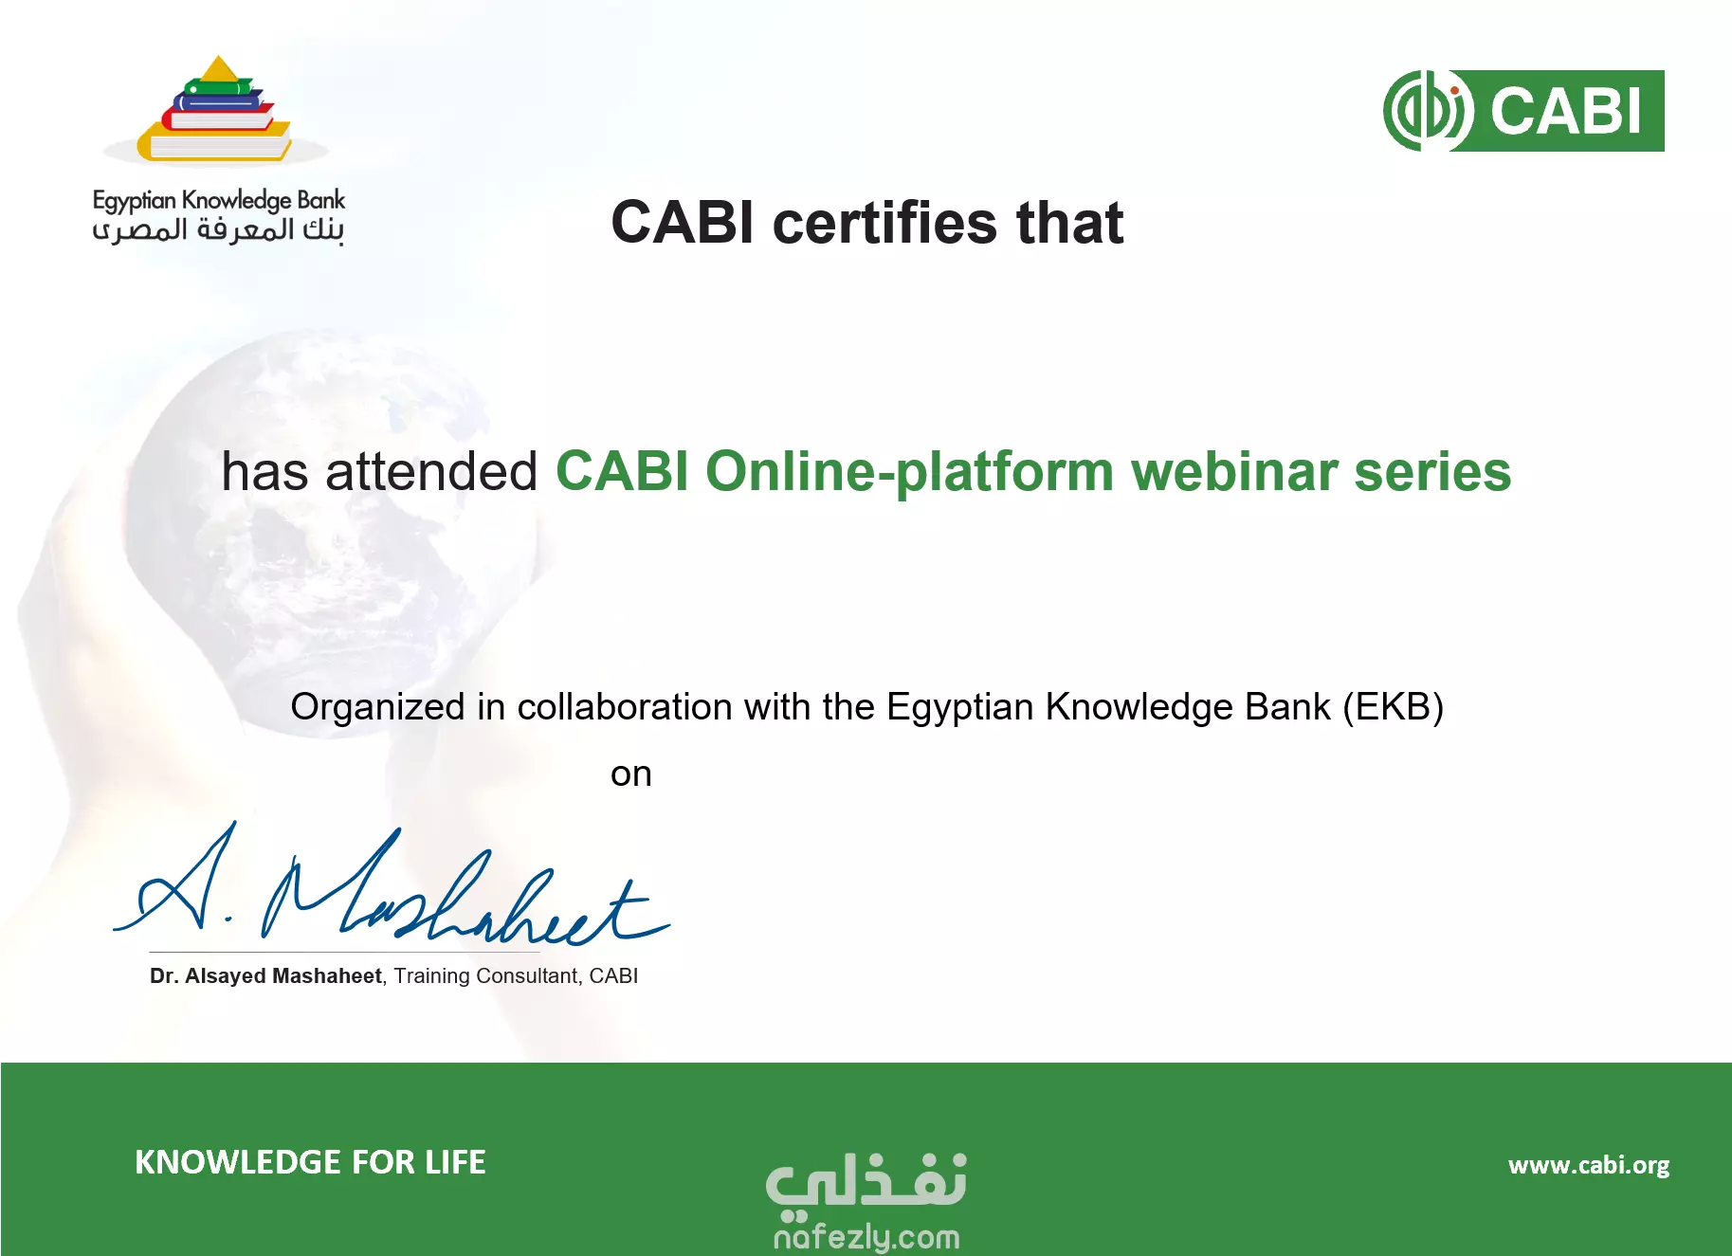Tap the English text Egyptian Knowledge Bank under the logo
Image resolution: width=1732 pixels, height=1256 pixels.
(x=219, y=201)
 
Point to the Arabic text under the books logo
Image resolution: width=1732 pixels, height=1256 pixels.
(x=218, y=230)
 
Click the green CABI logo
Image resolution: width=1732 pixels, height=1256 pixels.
(x=1523, y=111)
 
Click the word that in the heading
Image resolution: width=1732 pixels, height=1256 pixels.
(x=1070, y=223)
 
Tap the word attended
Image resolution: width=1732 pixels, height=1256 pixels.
(x=431, y=471)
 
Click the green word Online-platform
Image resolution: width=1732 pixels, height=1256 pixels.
(x=910, y=473)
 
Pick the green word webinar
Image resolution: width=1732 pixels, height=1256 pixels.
(x=1234, y=471)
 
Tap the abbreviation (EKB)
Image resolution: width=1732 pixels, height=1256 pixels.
(x=1393, y=708)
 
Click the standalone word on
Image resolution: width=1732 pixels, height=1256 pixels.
(x=631, y=775)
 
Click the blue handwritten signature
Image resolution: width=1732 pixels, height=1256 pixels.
(x=392, y=886)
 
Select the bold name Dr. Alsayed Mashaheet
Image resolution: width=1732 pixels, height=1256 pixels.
(x=265, y=976)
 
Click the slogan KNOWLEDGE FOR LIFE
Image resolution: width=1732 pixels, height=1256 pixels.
(x=310, y=1162)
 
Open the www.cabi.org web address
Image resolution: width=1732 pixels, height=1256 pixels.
(x=1589, y=1165)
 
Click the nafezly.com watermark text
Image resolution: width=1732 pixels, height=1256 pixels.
(x=866, y=1237)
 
